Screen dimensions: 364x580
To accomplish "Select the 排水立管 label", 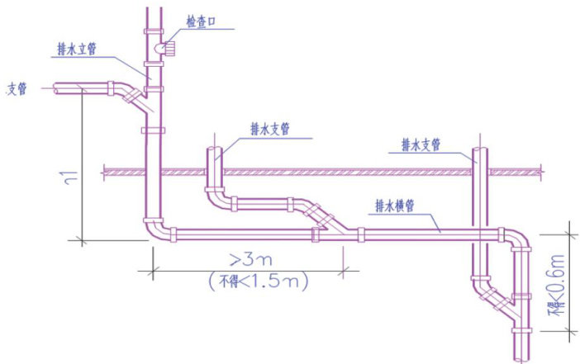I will [77, 49].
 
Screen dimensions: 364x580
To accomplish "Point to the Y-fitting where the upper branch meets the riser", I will [137, 101].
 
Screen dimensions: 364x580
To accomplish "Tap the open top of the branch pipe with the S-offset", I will [213, 152].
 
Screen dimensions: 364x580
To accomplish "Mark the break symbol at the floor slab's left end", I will [105, 172].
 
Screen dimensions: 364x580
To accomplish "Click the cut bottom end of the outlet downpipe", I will [520, 356].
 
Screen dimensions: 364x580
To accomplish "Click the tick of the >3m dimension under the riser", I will [151, 269].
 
